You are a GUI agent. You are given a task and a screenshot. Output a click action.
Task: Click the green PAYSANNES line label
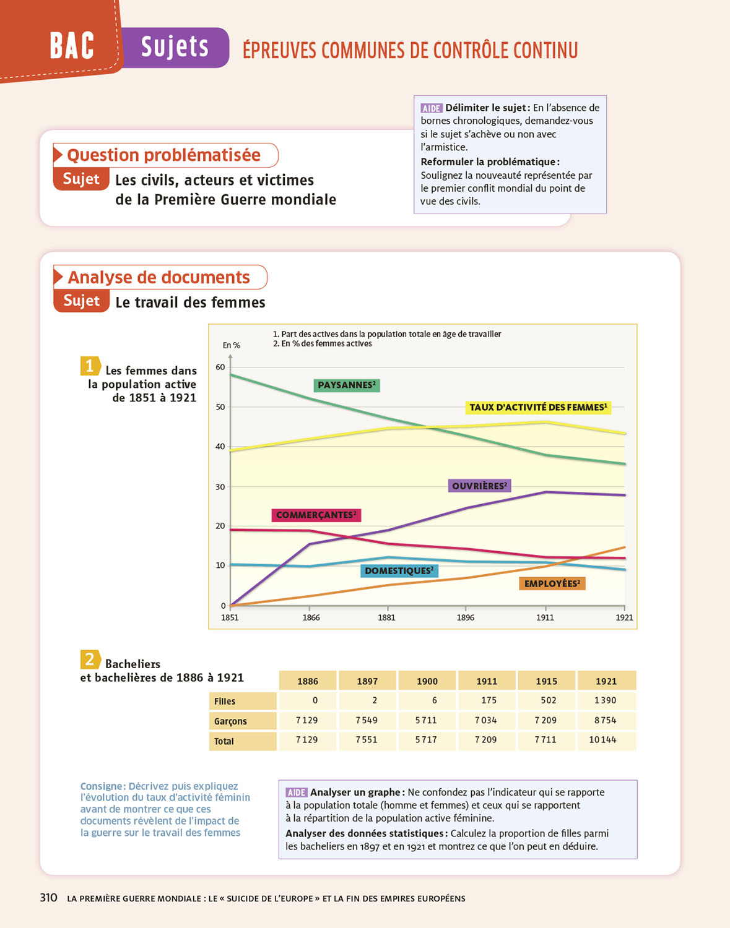[346, 385]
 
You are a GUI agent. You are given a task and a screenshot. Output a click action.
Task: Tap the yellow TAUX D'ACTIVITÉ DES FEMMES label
[537, 407]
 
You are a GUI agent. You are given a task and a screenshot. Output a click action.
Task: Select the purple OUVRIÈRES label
[479, 486]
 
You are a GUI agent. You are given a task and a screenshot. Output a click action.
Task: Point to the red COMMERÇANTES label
[316, 515]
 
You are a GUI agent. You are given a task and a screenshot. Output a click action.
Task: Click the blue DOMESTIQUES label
[399, 570]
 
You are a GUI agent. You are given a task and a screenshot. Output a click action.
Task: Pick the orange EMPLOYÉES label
[552, 583]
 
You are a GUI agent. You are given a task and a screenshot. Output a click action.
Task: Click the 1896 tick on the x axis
[466, 617]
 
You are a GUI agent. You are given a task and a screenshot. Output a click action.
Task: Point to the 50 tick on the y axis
[220, 407]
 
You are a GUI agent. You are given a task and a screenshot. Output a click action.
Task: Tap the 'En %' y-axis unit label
[232, 345]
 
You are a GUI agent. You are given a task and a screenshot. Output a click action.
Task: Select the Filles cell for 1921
[606, 700]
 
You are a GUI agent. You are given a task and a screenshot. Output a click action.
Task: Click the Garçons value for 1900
[426, 720]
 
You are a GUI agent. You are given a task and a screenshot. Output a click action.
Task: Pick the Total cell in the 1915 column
[545, 740]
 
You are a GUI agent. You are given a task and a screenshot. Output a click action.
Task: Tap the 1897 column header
[367, 681]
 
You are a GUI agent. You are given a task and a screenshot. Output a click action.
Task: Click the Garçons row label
[230, 721]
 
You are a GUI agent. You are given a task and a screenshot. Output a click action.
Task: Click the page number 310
[49, 898]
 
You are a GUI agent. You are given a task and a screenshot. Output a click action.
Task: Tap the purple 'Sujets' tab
[175, 47]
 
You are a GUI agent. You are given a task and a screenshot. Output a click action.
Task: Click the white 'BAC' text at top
[72, 46]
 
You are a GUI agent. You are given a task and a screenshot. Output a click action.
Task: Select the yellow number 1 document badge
[90, 366]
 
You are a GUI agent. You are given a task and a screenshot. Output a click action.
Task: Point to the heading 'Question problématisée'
[164, 155]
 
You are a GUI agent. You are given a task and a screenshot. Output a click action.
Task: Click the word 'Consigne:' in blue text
[103, 786]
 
